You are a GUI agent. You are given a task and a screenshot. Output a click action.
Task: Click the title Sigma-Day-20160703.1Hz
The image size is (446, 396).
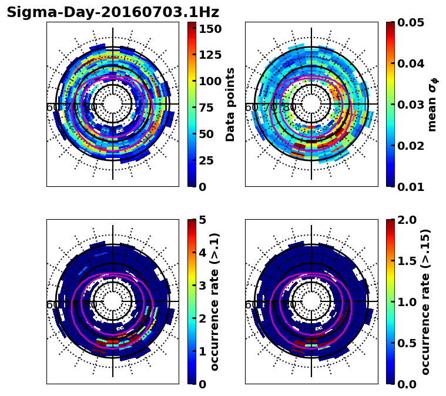pyautogui.click(x=113, y=12)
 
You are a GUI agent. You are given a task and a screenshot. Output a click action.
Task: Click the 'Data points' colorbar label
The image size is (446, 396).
pyautogui.click(x=230, y=104)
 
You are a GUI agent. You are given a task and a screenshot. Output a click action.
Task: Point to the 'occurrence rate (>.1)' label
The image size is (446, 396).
pyautogui.click(x=215, y=302)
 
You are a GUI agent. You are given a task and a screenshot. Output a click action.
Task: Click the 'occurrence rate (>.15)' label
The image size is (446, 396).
pyautogui.click(x=425, y=302)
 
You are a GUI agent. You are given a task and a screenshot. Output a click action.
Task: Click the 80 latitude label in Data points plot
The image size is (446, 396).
pyautogui.click(x=90, y=108)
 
